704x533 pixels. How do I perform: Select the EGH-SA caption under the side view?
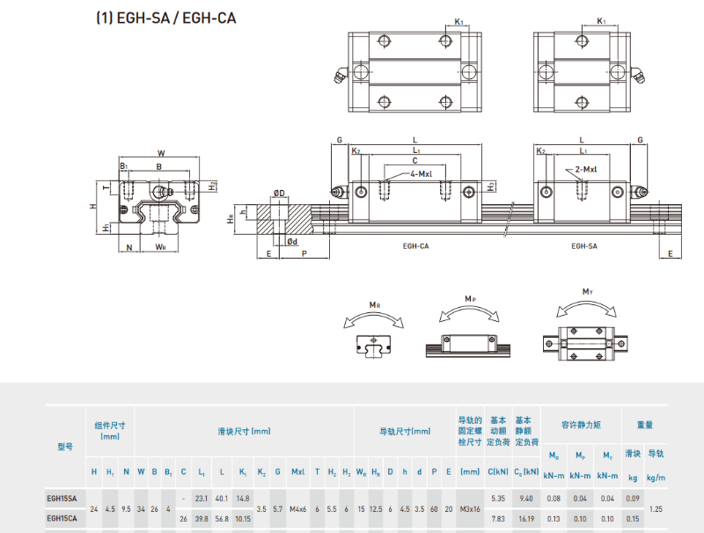click(583, 246)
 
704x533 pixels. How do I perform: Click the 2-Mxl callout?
click(587, 169)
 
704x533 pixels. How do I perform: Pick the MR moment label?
click(376, 305)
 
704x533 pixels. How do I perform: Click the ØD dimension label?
click(279, 193)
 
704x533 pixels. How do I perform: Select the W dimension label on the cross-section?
click(161, 151)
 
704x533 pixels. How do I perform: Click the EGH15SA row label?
click(62, 499)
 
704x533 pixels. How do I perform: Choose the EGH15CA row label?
click(62, 519)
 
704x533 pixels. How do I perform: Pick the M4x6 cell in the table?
click(298, 509)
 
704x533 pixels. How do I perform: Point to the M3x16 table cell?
click(470, 509)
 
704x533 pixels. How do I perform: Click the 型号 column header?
click(65, 447)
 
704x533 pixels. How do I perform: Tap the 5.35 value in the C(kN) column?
click(498, 499)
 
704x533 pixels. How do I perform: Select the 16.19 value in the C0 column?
click(527, 519)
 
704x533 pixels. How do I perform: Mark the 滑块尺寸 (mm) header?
click(244, 431)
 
